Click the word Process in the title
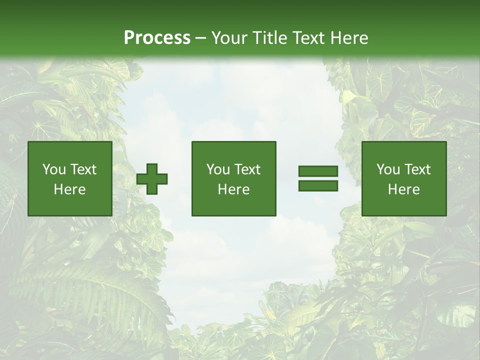(x=157, y=38)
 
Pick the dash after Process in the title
(x=200, y=38)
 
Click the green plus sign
(x=152, y=179)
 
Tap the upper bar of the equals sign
(x=318, y=171)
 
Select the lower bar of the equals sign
(x=318, y=186)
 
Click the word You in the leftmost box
(x=54, y=169)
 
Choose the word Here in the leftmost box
(x=69, y=189)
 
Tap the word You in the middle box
(x=218, y=169)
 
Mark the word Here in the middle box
(x=233, y=189)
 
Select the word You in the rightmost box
(x=388, y=169)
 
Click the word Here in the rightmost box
(x=403, y=189)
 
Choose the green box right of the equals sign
(x=404, y=205)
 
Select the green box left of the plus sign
(x=70, y=205)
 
